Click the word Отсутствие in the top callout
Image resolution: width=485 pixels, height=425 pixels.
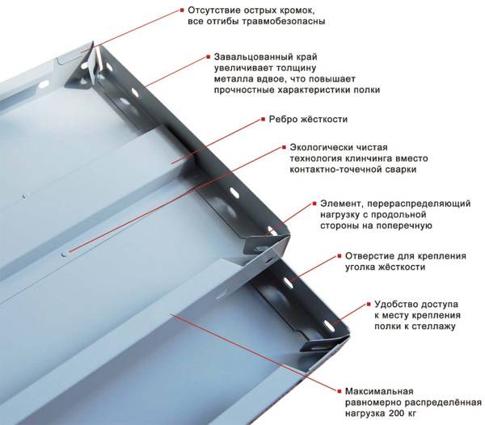coord(213,10)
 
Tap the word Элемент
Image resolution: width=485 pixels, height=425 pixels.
coord(344,203)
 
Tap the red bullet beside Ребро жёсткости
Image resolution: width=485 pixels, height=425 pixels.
coord(261,120)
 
